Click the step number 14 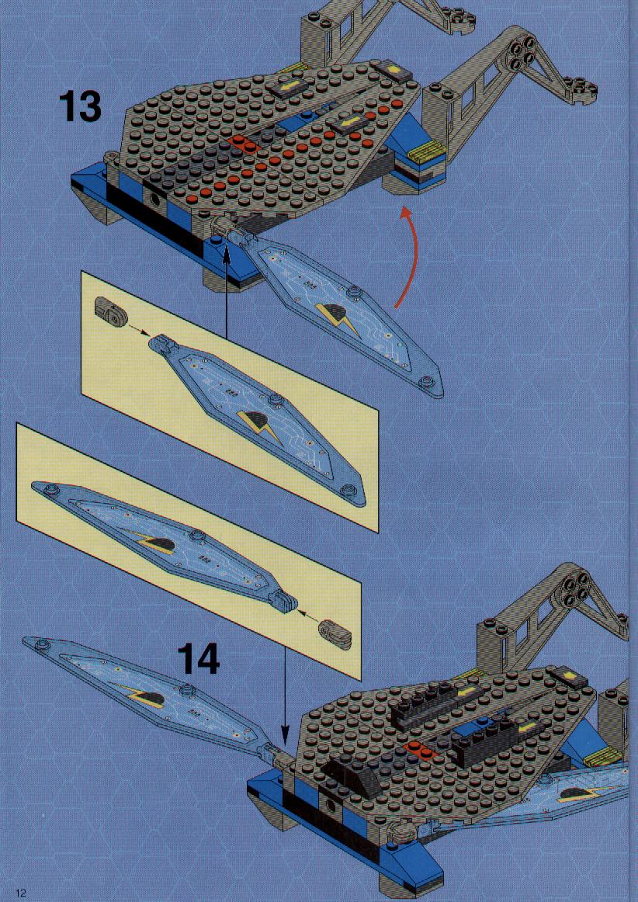coord(198,658)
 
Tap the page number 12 coord(21,893)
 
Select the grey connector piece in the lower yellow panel coord(335,633)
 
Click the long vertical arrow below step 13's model coord(226,290)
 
